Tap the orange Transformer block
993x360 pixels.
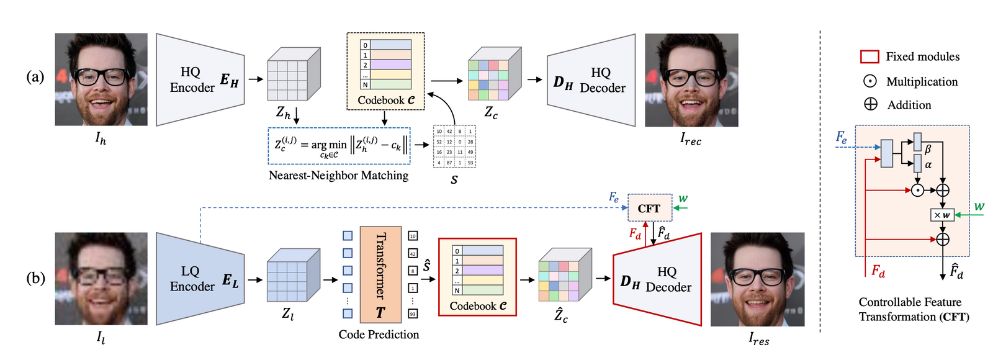click(380, 274)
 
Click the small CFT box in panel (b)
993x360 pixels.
click(649, 208)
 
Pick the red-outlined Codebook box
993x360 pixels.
click(477, 277)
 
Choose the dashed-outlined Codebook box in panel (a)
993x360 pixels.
click(385, 71)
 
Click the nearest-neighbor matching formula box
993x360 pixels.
click(339, 146)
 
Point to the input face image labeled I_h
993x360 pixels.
click(101, 79)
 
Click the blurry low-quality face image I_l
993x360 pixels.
click(101, 279)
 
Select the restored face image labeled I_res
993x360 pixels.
click(757, 279)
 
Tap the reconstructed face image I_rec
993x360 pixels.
click(691, 80)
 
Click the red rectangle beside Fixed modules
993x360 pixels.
click(869, 56)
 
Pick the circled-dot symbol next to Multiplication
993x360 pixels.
click(870, 81)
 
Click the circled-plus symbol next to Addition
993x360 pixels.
click(871, 104)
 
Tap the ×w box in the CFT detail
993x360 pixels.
click(942, 215)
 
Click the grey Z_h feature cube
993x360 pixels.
click(294, 74)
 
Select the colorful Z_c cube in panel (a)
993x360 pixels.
click(494, 74)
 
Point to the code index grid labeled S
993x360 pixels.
click(454, 146)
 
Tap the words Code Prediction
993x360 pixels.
click(379, 335)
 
